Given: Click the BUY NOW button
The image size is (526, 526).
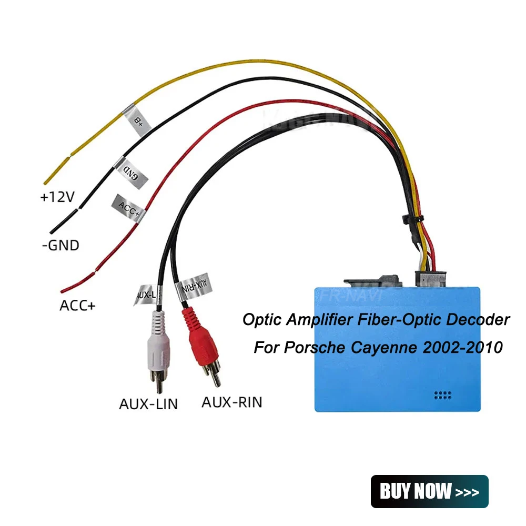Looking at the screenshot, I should point(429,491).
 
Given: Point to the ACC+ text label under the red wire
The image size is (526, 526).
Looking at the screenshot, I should point(78,305).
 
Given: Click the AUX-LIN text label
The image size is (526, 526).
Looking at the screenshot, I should point(148,404).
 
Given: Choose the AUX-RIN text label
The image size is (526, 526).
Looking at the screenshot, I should point(232,403).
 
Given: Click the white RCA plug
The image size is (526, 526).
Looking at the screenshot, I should point(157,347).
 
